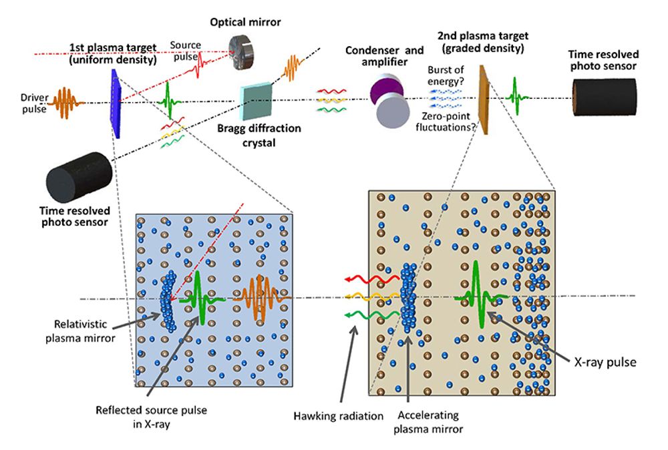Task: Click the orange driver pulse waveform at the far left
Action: click(67, 101)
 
